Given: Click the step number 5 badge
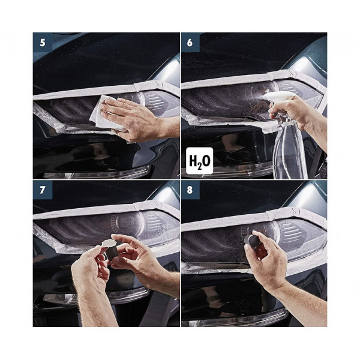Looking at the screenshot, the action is tap(43, 43).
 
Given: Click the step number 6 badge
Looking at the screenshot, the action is tap(190, 43).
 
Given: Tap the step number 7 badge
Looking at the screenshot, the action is tap(43, 190).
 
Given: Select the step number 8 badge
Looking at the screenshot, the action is tap(190, 190).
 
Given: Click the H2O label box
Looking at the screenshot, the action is tap(200, 161).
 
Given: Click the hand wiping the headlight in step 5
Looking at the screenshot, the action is tap(133, 119).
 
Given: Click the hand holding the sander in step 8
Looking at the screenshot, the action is tap(266, 257).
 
